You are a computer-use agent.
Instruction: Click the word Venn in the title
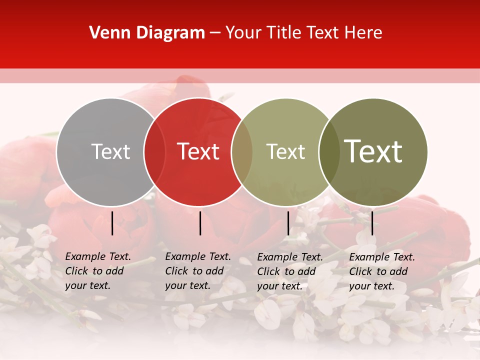click(108, 33)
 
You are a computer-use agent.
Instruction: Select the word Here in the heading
click(363, 33)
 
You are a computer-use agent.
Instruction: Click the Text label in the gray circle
click(110, 151)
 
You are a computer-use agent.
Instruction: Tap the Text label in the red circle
click(198, 151)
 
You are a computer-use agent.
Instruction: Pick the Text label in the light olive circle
click(285, 151)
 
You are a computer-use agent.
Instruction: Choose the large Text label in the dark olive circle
click(373, 151)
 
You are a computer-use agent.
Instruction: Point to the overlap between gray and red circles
click(154, 151)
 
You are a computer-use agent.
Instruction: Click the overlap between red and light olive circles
click(242, 151)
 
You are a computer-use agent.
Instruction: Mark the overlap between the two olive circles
click(329, 151)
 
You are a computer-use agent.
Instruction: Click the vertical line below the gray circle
click(112, 223)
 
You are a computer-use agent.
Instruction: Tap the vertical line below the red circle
click(200, 223)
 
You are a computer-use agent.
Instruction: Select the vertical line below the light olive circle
click(288, 223)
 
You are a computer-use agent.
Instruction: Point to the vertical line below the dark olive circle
click(372, 223)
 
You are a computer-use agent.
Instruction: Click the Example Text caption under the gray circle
click(98, 271)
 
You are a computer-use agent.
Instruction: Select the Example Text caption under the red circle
click(198, 271)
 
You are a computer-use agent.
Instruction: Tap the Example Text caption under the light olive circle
click(290, 271)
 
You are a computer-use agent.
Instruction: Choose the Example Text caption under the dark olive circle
click(382, 271)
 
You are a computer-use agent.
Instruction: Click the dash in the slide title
click(215, 33)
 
